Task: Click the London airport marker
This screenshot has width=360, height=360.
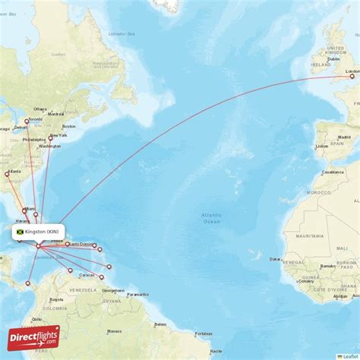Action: click(x=352, y=76)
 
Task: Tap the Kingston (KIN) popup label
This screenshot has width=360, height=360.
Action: click(x=43, y=232)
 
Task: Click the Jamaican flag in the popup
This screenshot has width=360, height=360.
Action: click(x=20, y=232)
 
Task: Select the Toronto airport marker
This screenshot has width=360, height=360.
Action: click(x=27, y=121)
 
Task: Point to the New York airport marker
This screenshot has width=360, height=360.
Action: click(x=51, y=137)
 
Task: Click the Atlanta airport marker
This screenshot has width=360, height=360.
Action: click(x=7, y=175)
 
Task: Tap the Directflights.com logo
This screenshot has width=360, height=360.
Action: click(x=33, y=338)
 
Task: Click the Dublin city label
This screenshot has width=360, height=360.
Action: click(x=333, y=59)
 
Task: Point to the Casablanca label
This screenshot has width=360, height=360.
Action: click(x=333, y=172)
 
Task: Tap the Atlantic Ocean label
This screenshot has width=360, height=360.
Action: click(x=211, y=218)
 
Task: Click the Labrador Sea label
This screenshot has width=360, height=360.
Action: click(x=122, y=34)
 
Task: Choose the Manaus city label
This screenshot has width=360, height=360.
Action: click(x=115, y=331)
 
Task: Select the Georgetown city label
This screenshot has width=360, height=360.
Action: click(x=113, y=290)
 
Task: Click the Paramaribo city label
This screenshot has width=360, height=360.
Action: click(x=137, y=294)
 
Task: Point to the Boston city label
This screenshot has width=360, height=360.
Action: click(x=69, y=126)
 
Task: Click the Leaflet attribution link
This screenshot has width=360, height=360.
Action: click(x=350, y=356)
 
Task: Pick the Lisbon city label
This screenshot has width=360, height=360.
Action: click(x=322, y=145)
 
